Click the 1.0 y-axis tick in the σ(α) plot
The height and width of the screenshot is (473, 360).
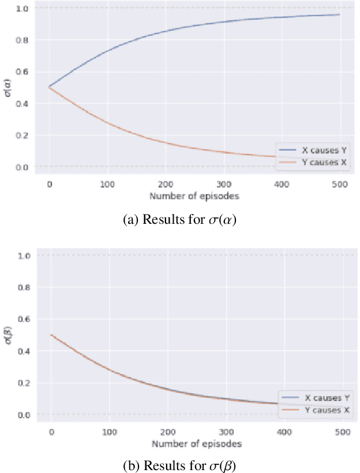21,8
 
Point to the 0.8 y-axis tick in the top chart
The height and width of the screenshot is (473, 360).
21,40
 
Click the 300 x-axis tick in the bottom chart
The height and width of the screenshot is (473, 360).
226,432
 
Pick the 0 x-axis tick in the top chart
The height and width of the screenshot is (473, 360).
50,184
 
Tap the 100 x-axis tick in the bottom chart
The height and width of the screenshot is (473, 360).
110,432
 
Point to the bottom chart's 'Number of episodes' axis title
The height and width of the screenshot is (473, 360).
197,444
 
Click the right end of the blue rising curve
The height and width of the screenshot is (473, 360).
339,14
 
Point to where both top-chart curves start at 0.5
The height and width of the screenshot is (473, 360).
50,87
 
